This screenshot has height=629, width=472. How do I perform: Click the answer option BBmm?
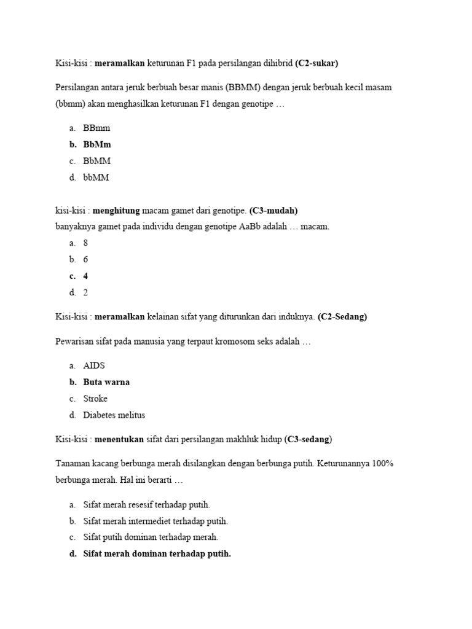click(x=96, y=128)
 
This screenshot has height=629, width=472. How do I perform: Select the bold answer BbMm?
click(x=97, y=144)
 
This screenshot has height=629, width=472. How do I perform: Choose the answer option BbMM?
click(x=97, y=161)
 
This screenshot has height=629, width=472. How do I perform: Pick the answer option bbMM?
click(x=96, y=178)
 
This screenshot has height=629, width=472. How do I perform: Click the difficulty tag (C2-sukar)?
click(x=317, y=63)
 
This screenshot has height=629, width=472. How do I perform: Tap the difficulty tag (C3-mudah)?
click(x=273, y=211)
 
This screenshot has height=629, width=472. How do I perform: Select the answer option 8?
click(x=86, y=243)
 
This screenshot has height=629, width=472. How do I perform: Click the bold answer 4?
click(x=86, y=276)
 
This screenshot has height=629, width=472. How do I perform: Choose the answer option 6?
click(x=86, y=260)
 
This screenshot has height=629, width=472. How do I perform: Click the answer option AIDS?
click(x=94, y=365)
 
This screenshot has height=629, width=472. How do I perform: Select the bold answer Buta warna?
click(x=106, y=382)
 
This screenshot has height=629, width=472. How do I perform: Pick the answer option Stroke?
click(x=95, y=399)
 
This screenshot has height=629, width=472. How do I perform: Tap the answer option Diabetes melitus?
click(x=114, y=415)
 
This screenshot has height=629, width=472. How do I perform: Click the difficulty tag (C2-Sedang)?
click(x=342, y=317)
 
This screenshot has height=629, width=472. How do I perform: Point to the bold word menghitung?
click(x=118, y=211)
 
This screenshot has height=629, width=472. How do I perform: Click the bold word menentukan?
click(x=119, y=439)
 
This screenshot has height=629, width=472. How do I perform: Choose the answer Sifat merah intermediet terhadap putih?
click(x=155, y=521)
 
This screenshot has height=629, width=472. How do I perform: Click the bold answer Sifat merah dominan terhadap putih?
click(x=157, y=554)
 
